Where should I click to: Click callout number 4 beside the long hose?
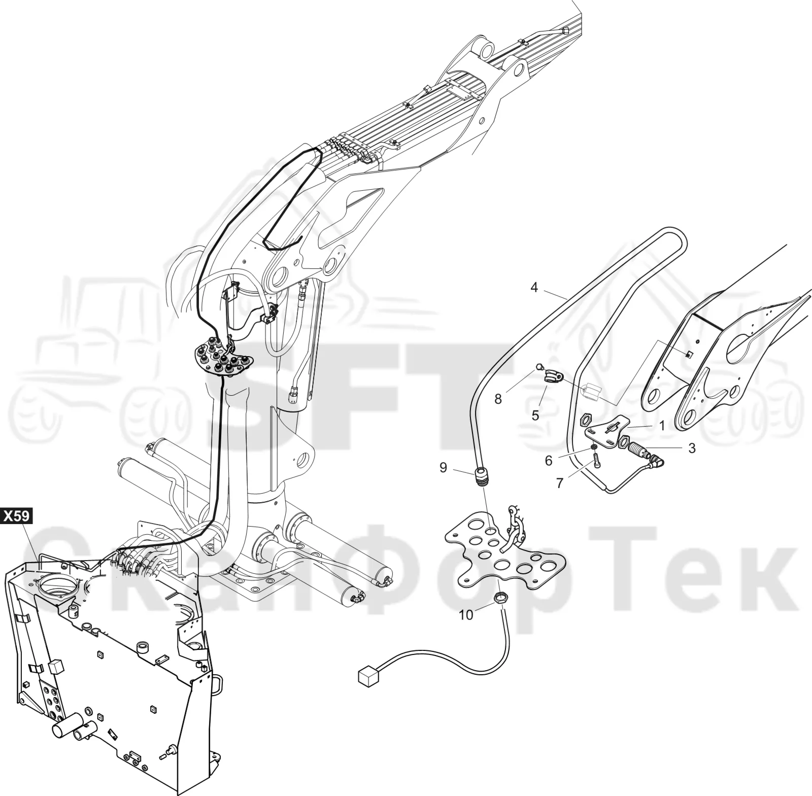tap(534, 287)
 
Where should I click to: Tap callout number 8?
tap(498, 399)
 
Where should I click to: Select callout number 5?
tap(535, 416)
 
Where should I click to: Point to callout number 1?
tap(662, 426)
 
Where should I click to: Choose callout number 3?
tap(691, 448)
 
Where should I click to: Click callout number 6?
tap(548, 460)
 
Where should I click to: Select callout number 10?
tap(466, 615)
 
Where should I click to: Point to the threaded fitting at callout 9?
tap(481, 477)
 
